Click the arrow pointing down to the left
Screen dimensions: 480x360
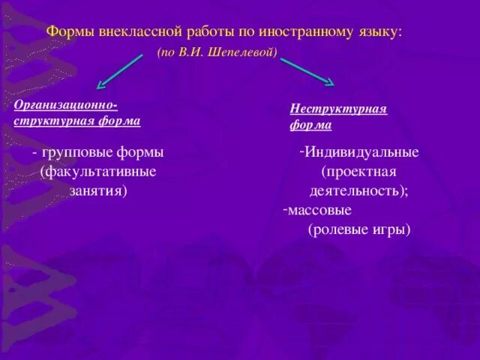[x=119, y=73]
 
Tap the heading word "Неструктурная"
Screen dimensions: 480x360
[x=338, y=109]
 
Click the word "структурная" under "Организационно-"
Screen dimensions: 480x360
[x=49, y=121]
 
